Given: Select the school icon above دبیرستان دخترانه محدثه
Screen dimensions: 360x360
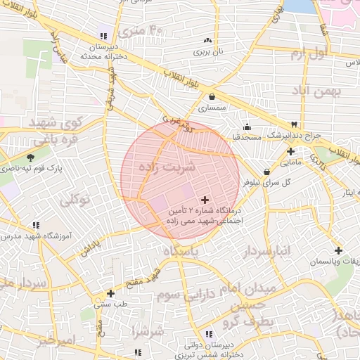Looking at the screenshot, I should click(103, 36).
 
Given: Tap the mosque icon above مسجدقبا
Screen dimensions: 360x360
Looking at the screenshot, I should click(247, 127).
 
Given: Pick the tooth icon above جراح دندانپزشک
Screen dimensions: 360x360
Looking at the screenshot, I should click(303, 124).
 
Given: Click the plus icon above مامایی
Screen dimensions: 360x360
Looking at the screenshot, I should click(290, 151).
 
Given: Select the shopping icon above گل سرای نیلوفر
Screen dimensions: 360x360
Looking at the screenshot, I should click(266, 172).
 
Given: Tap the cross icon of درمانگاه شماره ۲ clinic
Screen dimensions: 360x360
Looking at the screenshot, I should click(205, 200).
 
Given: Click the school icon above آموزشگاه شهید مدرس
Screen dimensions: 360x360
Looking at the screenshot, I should click(35, 226).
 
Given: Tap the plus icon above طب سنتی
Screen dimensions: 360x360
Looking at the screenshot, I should click(110, 294).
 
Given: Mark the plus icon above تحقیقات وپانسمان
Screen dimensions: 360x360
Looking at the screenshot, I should click(338, 250).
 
